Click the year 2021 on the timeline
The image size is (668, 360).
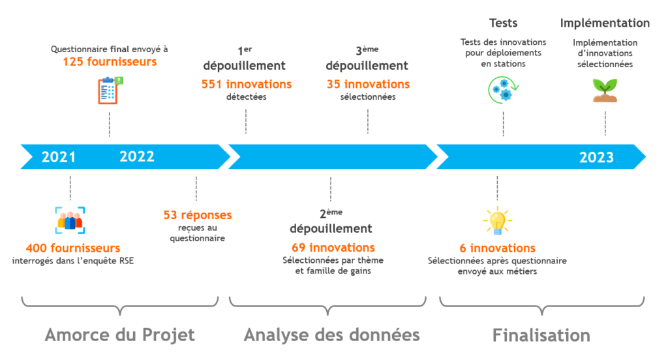click(x=59, y=157)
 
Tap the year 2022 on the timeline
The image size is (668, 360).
click(x=137, y=157)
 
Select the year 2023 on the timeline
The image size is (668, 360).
click(x=596, y=157)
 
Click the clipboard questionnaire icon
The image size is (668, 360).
click(x=110, y=90)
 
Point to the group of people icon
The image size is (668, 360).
click(x=70, y=220)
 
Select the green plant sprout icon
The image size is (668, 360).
click(x=605, y=90)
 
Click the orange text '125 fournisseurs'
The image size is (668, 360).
click(x=110, y=62)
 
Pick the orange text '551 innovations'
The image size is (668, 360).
click(x=247, y=84)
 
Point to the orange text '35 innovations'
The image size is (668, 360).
click(x=368, y=84)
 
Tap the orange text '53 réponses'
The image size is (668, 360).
click(x=198, y=215)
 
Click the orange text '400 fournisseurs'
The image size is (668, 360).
click(x=73, y=248)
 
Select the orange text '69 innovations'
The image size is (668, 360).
click(x=333, y=248)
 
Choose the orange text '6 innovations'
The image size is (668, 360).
click(x=497, y=248)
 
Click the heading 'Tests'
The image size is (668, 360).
click(x=503, y=23)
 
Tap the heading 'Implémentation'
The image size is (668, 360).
click(x=605, y=23)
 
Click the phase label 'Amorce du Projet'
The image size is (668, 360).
click(x=119, y=335)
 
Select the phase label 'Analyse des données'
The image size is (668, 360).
click(x=331, y=335)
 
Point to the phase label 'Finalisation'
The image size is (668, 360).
click(x=541, y=335)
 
